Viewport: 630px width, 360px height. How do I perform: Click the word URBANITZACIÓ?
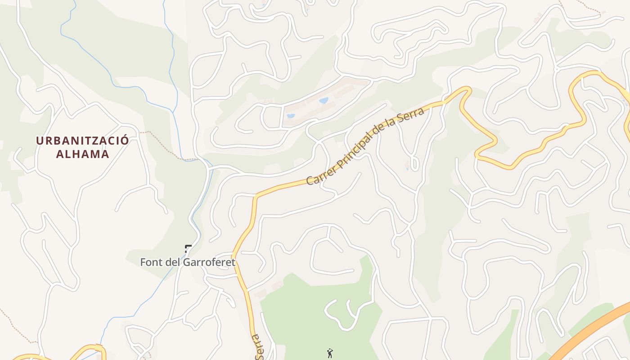tap(82, 140)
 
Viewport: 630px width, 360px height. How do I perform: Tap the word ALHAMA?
tap(82, 154)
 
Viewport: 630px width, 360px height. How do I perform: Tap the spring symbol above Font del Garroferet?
tap(188, 248)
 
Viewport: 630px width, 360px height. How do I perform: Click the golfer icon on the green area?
tap(330, 353)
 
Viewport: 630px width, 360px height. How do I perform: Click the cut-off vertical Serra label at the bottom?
tap(258, 347)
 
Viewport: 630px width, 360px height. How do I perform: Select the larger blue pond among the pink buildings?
tap(324, 100)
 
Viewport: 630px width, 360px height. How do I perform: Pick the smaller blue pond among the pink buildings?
tap(291, 116)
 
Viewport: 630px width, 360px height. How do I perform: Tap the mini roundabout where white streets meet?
tap(556, 69)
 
